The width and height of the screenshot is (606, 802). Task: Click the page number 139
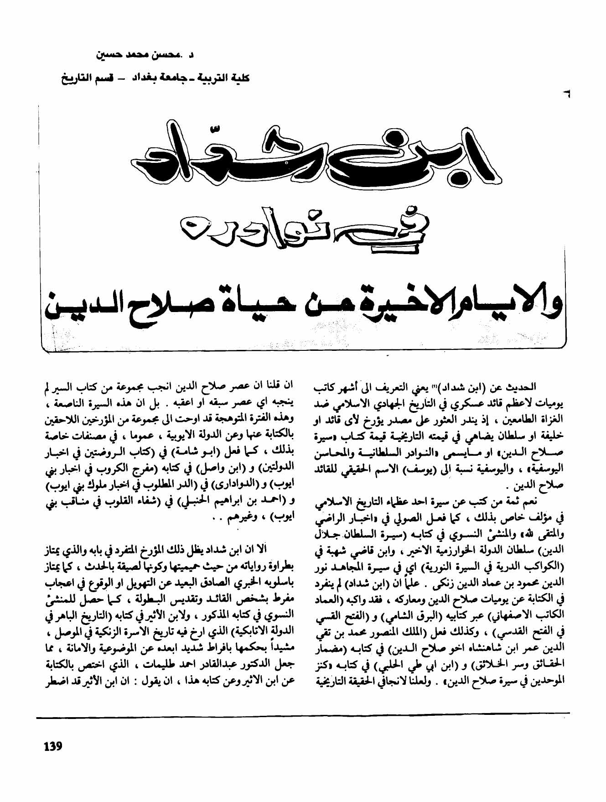click(x=53, y=747)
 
